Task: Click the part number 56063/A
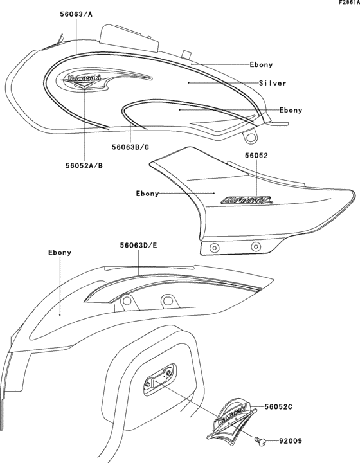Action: click(x=76, y=13)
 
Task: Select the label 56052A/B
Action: click(x=84, y=165)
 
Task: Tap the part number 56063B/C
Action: click(x=130, y=146)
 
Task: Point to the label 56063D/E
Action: click(x=139, y=245)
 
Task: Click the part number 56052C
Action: click(x=278, y=406)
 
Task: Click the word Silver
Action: click(x=272, y=83)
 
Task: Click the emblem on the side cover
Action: click(x=246, y=200)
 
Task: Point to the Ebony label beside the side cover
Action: click(x=147, y=193)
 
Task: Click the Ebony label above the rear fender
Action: click(x=59, y=253)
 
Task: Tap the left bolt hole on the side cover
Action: click(x=213, y=248)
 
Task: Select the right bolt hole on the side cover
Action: click(x=256, y=245)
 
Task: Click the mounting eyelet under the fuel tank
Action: click(x=250, y=136)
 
